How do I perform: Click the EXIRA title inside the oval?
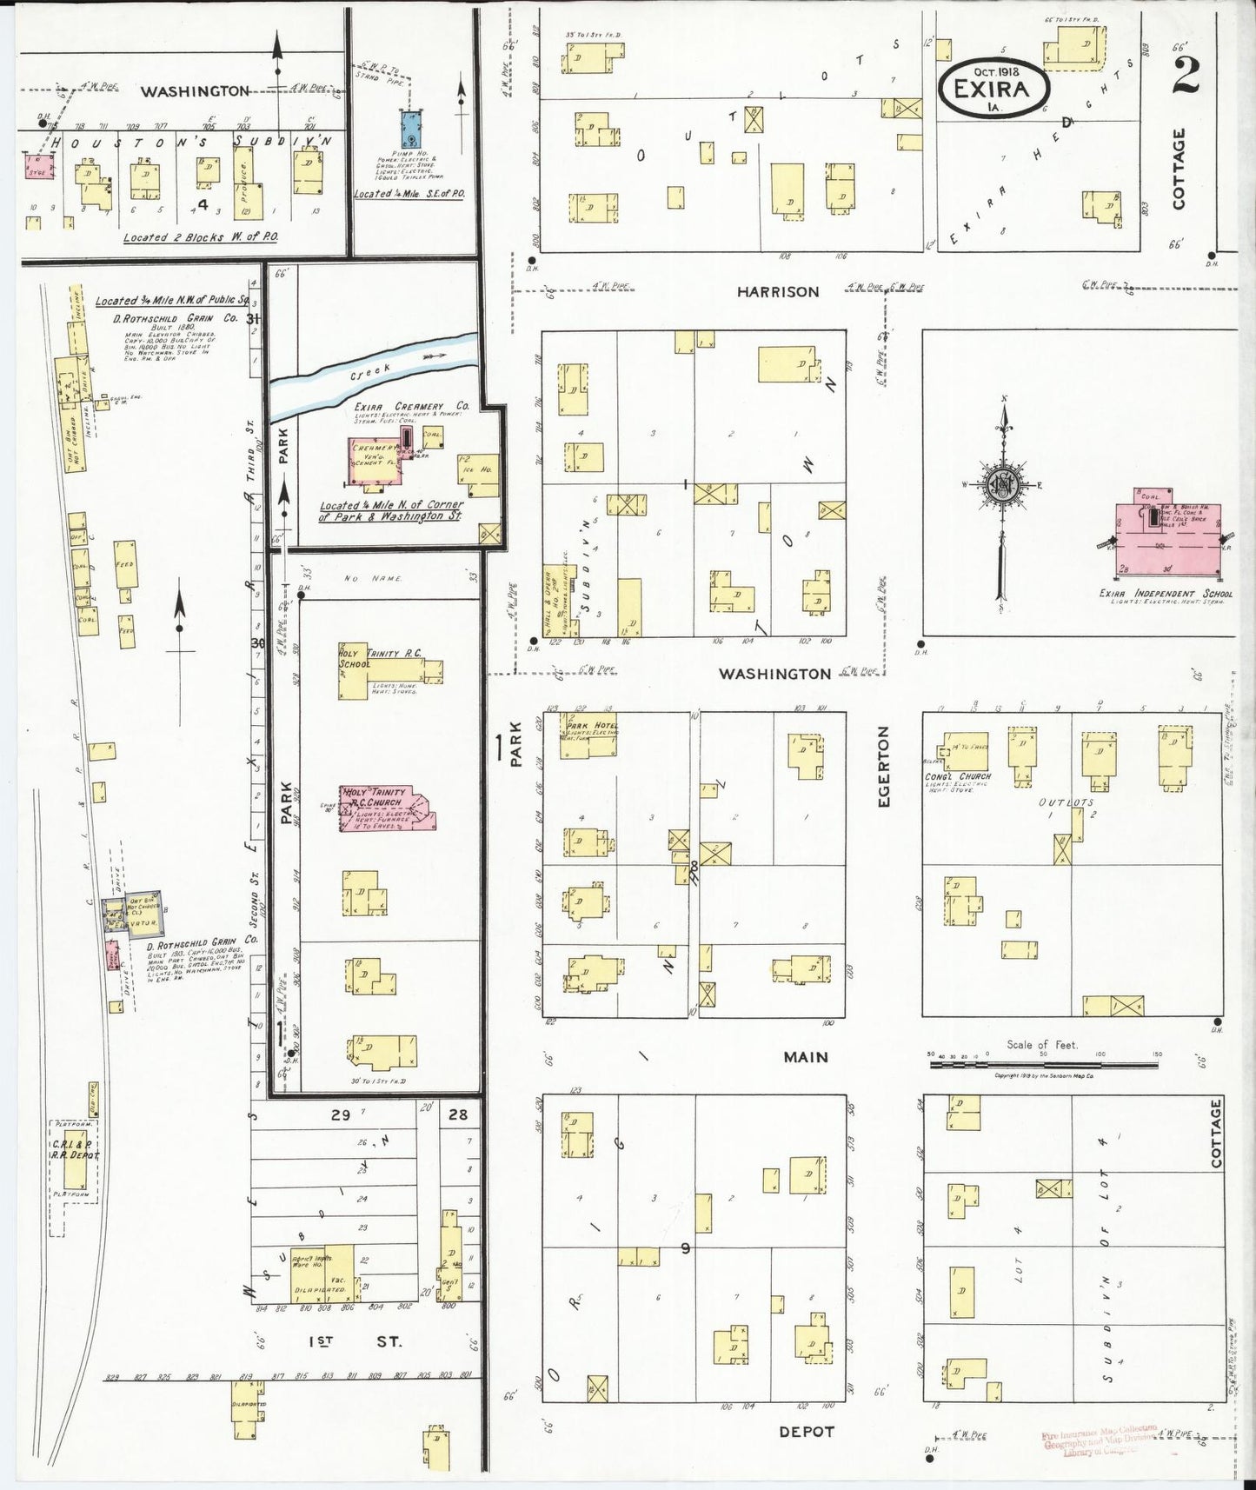tap(991, 88)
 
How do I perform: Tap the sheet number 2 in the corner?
tap(1186, 75)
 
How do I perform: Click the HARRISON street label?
tap(777, 292)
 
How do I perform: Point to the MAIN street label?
tap(806, 1057)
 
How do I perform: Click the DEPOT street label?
tap(806, 1431)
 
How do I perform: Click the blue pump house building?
tap(410, 128)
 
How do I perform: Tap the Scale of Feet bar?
tap(1043, 1062)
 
